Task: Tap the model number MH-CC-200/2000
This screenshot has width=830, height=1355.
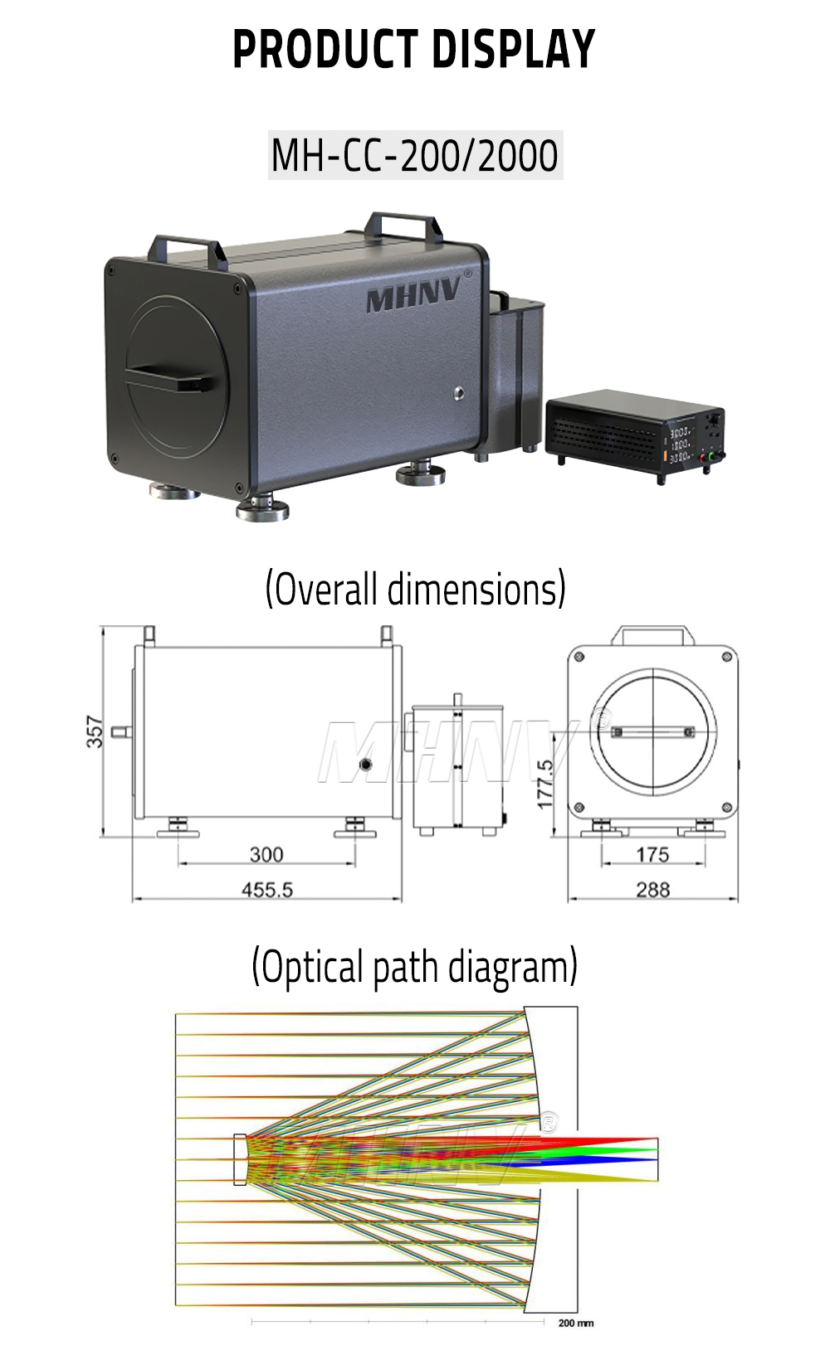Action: tap(415, 155)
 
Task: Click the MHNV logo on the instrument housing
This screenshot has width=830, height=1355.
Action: tap(413, 296)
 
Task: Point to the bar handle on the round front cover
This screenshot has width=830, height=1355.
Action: tap(166, 378)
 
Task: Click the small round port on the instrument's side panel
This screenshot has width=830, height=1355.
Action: tap(458, 393)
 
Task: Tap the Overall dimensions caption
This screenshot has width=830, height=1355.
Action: tap(415, 589)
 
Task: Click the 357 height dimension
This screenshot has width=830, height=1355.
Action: tap(95, 731)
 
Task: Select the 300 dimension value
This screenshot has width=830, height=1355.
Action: tap(266, 854)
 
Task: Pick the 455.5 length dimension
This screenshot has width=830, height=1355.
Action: tap(266, 889)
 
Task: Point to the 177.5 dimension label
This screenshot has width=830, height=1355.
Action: tap(544, 784)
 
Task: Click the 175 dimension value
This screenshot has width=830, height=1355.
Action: tap(652, 854)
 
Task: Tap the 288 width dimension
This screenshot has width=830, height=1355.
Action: tap(652, 889)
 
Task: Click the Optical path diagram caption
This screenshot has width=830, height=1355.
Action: tap(415, 967)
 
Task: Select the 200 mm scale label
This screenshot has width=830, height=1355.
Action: tap(575, 1323)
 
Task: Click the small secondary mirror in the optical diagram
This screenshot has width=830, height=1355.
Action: tap(240, 1159)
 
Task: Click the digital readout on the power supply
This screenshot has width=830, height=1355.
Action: tap(679, 444)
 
